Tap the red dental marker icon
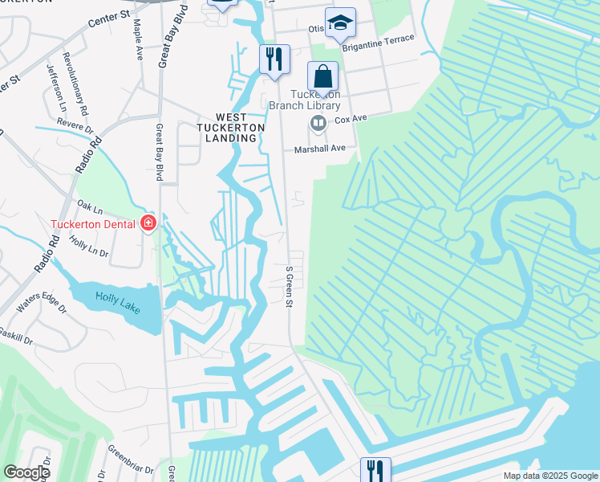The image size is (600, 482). tap(148, 223)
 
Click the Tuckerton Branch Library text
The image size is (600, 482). tap(304, 99)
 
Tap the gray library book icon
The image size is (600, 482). tap(318, 123)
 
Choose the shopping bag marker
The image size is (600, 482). tap(322, 78)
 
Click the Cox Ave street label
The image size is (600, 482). tap(351, 118)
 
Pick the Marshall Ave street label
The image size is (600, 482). tap(319, 148)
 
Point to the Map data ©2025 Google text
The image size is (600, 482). tap(549, 476)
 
